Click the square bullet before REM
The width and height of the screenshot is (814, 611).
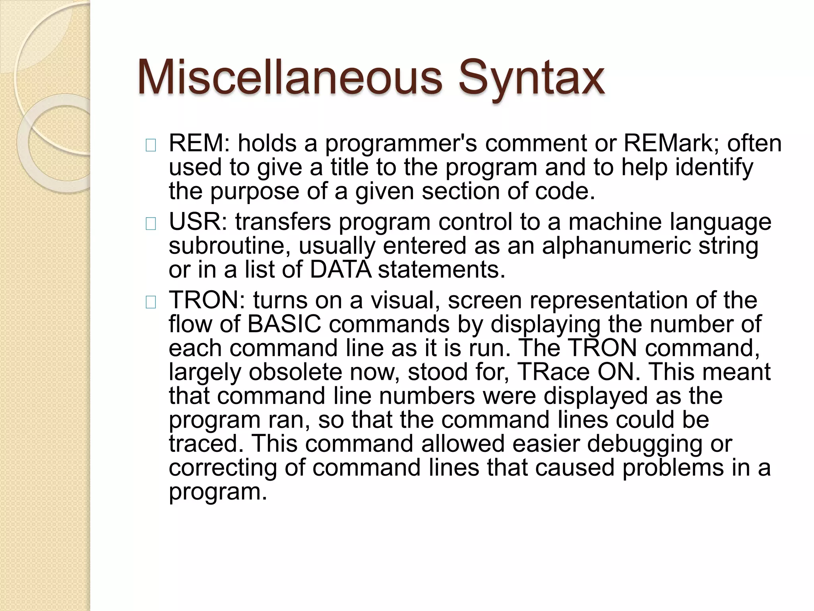[151, 146]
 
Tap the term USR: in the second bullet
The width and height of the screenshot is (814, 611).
[198, 222]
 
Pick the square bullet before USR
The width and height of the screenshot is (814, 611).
[151, 225]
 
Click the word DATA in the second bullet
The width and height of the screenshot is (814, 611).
[341, 270]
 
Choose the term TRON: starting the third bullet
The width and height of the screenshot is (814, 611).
[207, 300]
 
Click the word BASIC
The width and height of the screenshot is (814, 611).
[284, 324]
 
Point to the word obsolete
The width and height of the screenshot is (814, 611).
[295, 372]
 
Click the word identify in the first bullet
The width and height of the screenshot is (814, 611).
[715, 168]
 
